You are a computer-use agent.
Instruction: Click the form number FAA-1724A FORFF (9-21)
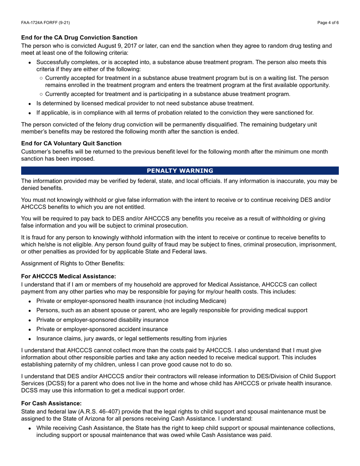(45, 23)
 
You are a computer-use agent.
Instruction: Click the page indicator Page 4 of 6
(328, 23)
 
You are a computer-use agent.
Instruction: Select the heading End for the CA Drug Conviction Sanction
(79, 38)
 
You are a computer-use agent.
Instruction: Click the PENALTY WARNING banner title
(180, 170)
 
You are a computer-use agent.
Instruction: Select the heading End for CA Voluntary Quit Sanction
(71, 143)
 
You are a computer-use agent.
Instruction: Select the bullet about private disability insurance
(102, 320)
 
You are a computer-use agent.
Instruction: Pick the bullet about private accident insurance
(102, 329)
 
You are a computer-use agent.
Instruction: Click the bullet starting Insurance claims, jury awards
(131, 338)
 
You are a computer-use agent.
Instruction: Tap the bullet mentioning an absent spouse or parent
(172, 310)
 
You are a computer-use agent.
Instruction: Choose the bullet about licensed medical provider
(145, 103)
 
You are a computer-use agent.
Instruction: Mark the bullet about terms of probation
(175, 113)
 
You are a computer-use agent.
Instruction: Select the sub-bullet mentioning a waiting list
(187, 81)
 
